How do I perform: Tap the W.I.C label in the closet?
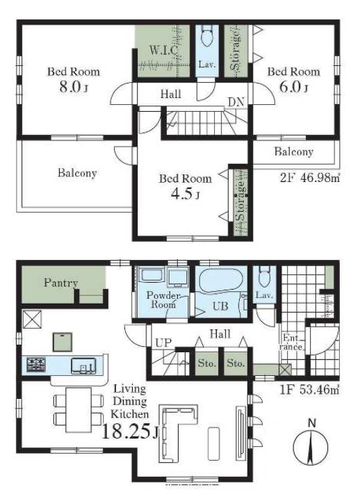click(x=164, y=50)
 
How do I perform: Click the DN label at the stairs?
click(x=236, y=102)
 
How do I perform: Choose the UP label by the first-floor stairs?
click(x=163, y=343)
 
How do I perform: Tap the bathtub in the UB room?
click(x=221, y=281)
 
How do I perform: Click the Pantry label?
click(x=60, y=283)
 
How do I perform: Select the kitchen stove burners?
click(x=36, y=365)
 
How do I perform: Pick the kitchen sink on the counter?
click(x=83, y=366)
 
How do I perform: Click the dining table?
click(x=79, y=409)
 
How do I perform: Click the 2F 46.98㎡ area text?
click(x=309, y=178)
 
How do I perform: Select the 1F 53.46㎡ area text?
click(x=309, y=390)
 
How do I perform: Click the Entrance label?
click(x=293, y=342)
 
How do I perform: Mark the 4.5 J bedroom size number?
click(x=185, y=194)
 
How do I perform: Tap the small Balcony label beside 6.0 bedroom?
click(x=293, y=151)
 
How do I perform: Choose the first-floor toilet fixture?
click(x=264, y=277)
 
